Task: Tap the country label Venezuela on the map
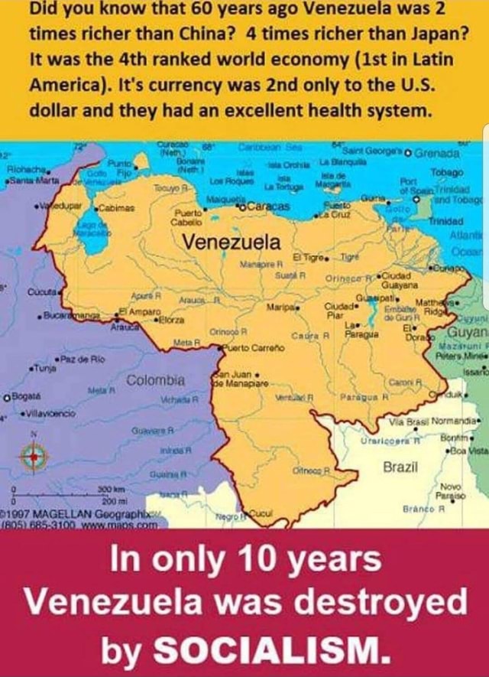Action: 231,242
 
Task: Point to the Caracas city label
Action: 271,207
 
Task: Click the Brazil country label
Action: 400,467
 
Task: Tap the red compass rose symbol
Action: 34,456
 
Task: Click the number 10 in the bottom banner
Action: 257,567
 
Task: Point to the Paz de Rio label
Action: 83,359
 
